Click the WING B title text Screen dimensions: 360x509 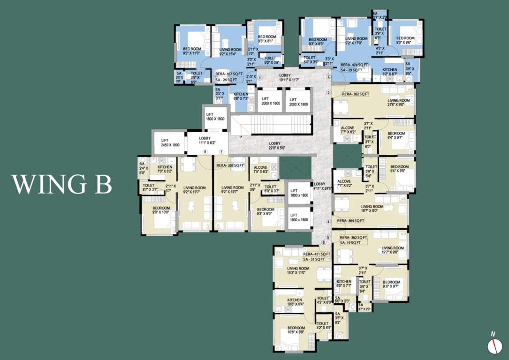61,184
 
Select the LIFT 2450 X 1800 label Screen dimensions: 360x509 170,143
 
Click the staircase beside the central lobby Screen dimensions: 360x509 271,125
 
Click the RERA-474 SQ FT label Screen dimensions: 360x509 354,65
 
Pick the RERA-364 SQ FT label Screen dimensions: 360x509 350,220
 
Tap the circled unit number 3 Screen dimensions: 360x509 329,92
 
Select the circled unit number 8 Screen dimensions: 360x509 205,151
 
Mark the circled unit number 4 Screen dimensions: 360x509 329,222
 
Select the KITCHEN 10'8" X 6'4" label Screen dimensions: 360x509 295,302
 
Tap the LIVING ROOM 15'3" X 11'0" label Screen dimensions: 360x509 298,270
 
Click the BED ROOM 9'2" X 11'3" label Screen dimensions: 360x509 192,51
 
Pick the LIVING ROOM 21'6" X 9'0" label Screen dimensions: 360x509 398,103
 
